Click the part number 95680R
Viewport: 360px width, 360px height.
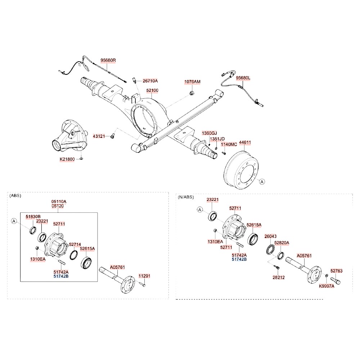coord(108,60)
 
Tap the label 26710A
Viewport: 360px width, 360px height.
coord(150,81)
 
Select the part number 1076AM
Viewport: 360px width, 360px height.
coord(192,82)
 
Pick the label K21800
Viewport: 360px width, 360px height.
coord(67,159)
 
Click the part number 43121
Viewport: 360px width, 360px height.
coord(99,136)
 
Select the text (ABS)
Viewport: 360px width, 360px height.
coord(15,196)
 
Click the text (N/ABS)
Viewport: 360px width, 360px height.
coord(186,197)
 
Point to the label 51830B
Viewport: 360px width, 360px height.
coord(33,216)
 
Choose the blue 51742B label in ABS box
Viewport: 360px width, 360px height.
coord(61,276)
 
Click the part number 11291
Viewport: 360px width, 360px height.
coord(144,276)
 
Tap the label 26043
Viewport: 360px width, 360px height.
coord(270,237)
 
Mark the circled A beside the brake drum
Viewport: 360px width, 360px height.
coord(262,182)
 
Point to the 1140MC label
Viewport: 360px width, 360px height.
coord(229,144)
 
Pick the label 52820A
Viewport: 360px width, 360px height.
coord(282,243)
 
